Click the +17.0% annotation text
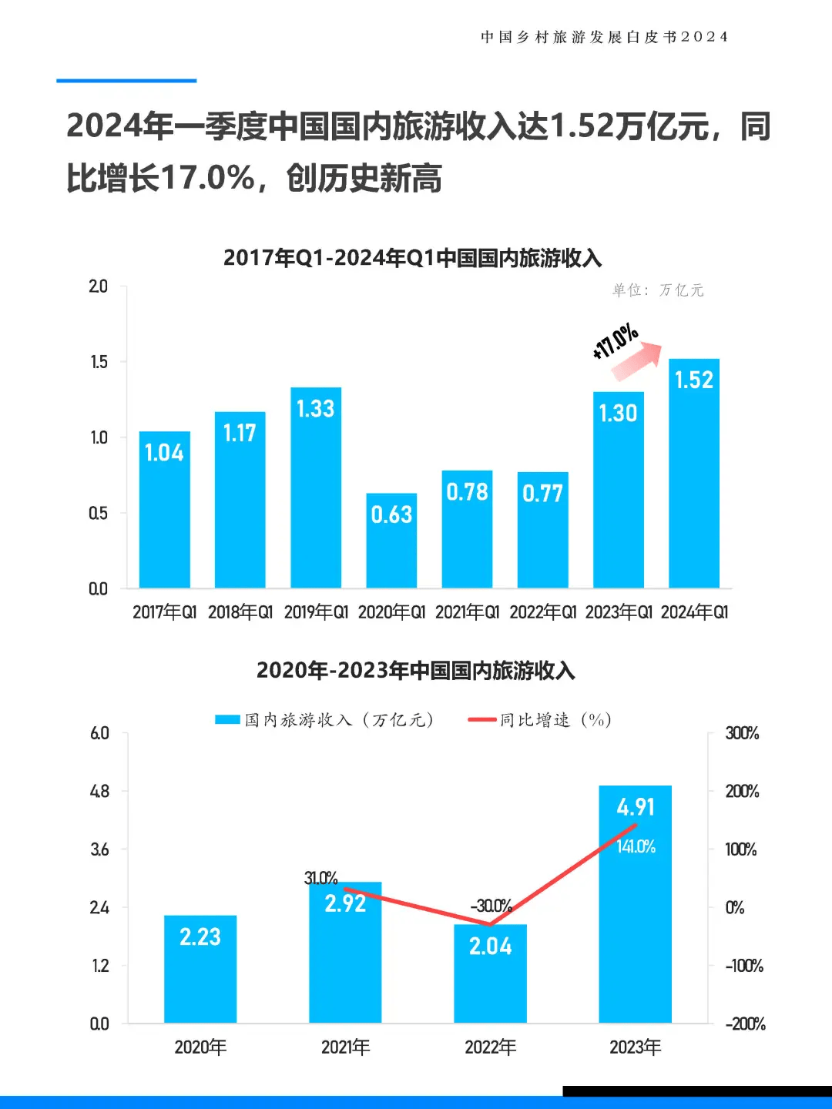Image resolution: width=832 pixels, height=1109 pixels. click(615, 342)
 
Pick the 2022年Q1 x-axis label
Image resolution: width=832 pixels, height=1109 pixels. click(542, 612)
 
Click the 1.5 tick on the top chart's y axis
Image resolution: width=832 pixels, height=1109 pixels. click(99, 362)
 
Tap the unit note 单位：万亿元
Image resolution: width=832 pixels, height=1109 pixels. click(658, 290)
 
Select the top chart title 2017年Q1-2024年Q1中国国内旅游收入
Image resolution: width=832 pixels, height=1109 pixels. click(412, 258)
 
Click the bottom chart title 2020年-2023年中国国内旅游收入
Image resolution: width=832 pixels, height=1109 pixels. click(415, 670)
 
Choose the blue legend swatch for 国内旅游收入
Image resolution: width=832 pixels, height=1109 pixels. click(227, 720)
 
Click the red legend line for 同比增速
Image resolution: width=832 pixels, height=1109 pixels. click(481, 720)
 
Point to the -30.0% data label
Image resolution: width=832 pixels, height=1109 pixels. click(491, 906)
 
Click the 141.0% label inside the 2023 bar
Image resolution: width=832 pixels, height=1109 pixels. click(636, 847)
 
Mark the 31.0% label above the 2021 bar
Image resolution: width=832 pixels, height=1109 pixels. click(320, 878)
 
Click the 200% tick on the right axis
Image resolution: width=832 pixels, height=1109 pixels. click(742, 792)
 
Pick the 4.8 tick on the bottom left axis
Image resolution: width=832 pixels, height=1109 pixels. click(99, 792)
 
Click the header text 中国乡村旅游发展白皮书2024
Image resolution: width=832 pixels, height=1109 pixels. click(604, 37)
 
